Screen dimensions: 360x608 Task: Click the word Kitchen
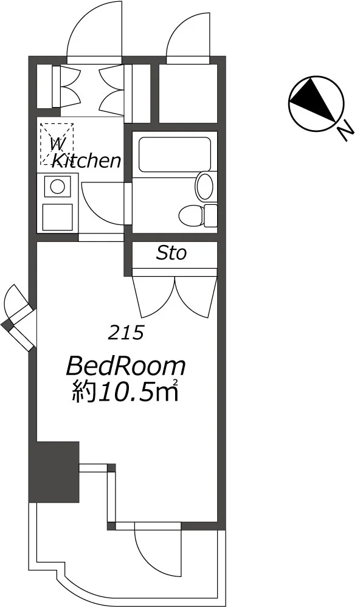coord(86,160)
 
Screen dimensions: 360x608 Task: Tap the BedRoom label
coord(126,367)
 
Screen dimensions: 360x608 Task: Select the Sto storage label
coord(171,253)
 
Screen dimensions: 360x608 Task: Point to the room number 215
coord(126,333)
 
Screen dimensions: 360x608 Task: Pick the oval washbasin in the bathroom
coord(205,187)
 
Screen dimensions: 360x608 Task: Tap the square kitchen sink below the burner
coord(57,216)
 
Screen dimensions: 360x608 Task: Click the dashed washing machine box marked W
coord(57,144)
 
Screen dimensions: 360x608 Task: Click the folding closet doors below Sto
coord(175,297)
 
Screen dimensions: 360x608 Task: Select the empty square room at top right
coord(188,93)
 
